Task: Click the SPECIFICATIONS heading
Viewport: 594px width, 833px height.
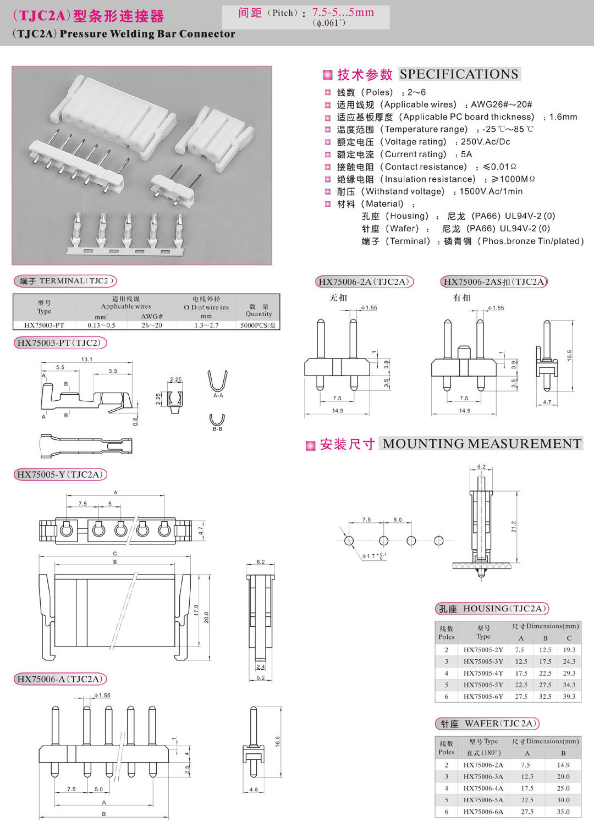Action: tap(459, 74)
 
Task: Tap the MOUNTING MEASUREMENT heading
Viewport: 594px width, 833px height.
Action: tap(482, 444)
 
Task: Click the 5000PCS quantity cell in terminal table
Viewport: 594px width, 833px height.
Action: tap(258, 326)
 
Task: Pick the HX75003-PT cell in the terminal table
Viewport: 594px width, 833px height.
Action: tap(44, 326)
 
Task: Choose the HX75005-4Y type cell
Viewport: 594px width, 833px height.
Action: tap(483, 673)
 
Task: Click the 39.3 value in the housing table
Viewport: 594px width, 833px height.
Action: tap(569, 696)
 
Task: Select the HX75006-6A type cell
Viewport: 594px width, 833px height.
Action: tap(483, 812)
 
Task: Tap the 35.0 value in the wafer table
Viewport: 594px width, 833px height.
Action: tap(563, 812)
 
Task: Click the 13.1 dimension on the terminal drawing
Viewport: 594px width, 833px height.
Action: tap(86, 360)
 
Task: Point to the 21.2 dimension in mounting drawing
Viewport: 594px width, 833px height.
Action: tap(514, 526)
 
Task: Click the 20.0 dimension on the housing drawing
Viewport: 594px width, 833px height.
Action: tap(206, 617)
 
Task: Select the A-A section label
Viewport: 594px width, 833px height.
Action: tap(218, 395)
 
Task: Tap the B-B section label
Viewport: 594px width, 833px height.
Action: tap(217, 429)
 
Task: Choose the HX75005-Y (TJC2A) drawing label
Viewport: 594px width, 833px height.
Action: tap(60, 475)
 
